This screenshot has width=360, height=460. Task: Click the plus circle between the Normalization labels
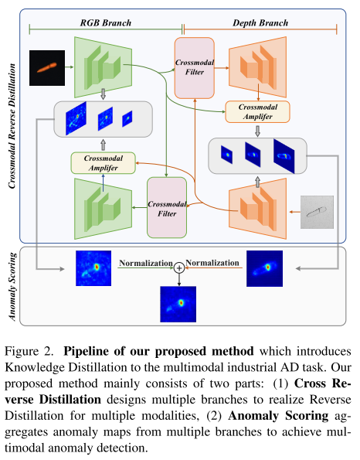(179, 267)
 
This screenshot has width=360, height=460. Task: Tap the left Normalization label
(145, 263)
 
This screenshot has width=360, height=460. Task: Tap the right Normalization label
(212, 263)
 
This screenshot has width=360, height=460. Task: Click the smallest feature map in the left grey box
(127, 118)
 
